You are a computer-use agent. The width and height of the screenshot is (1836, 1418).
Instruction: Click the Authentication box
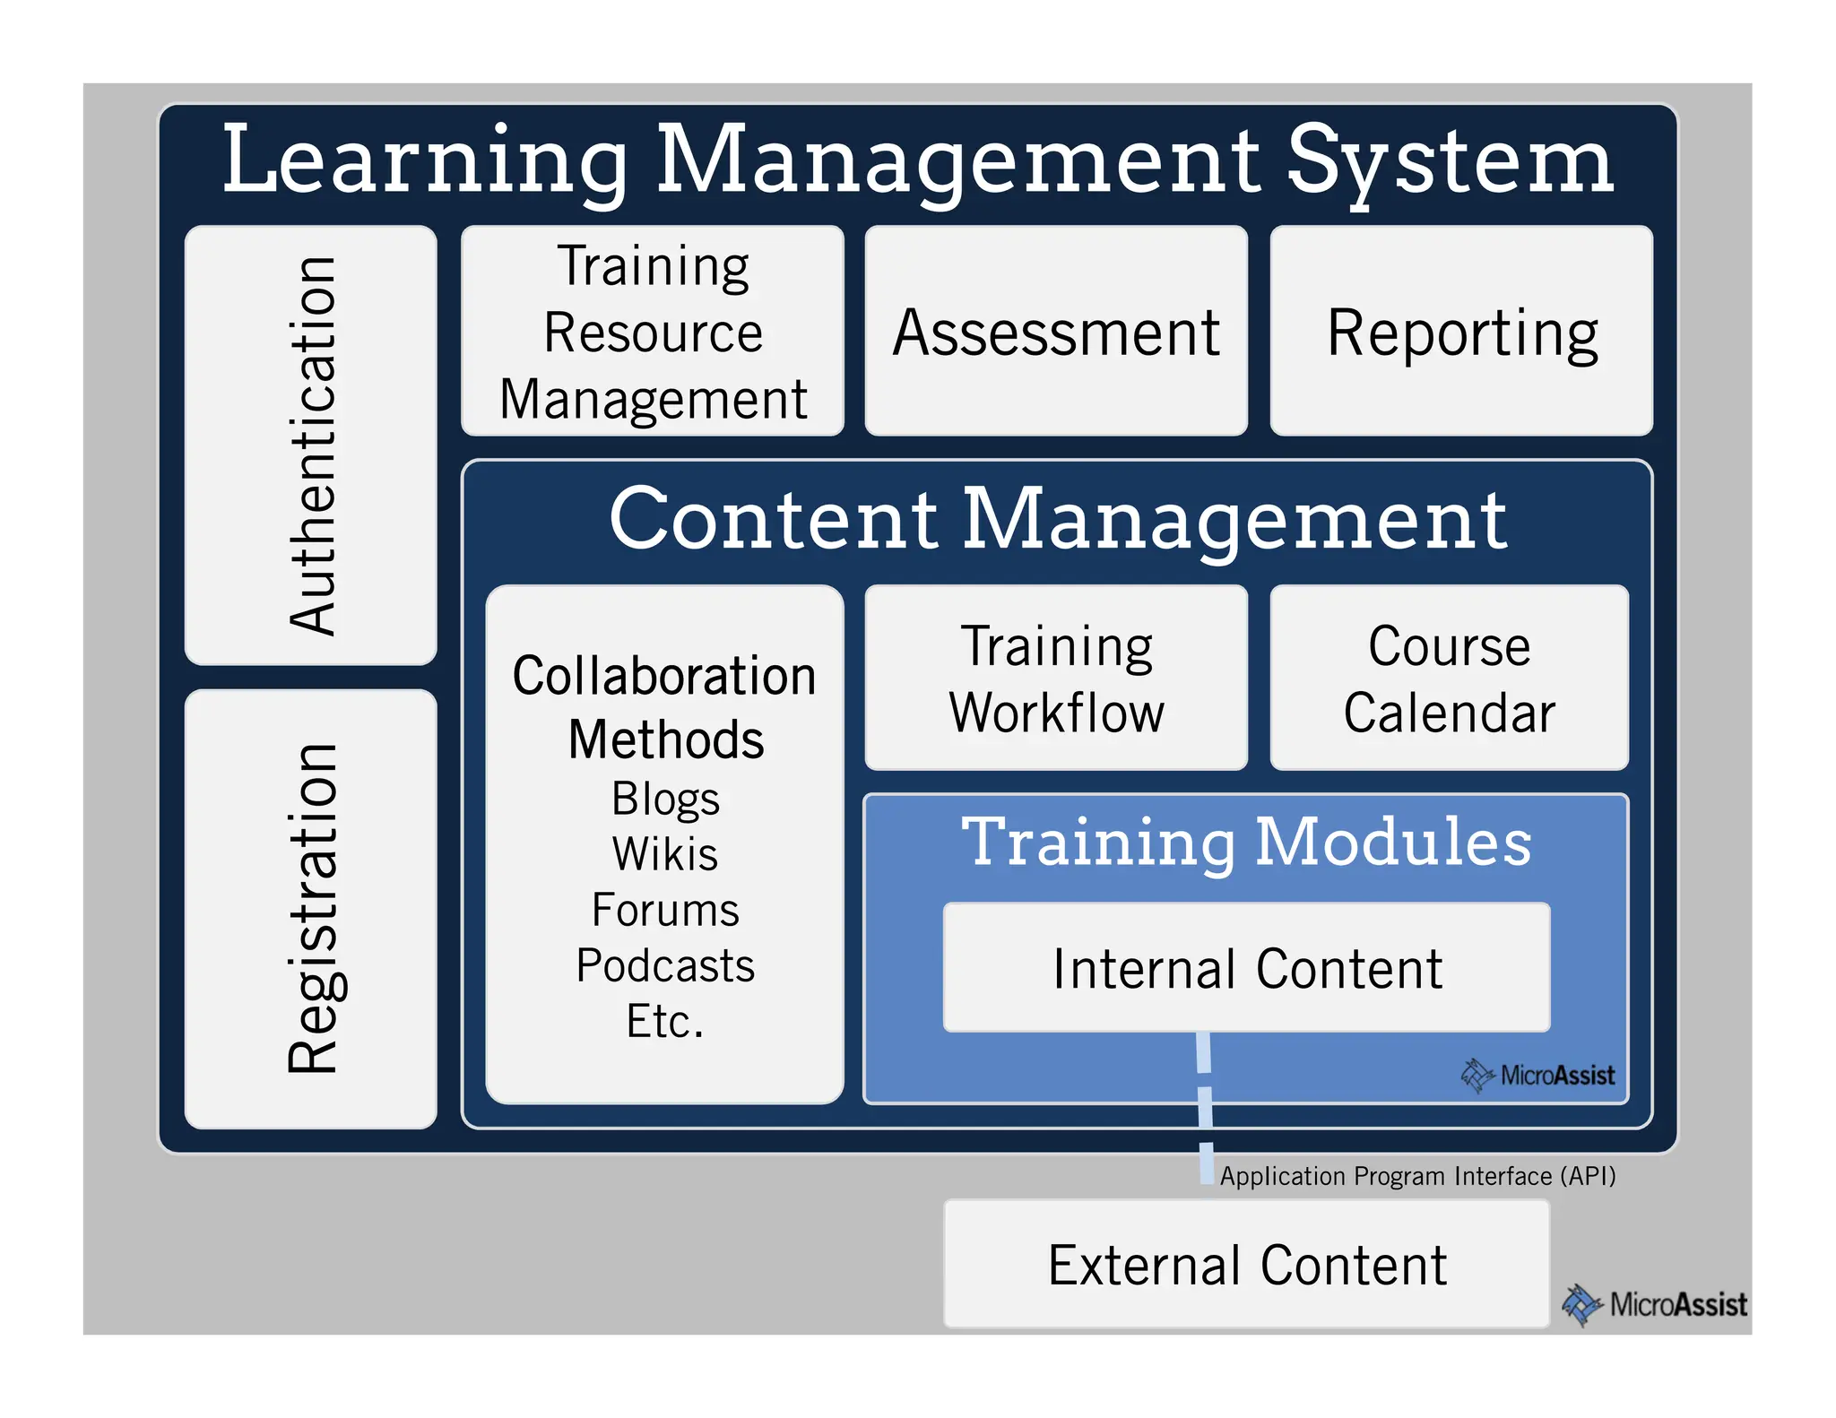tap(310, 445)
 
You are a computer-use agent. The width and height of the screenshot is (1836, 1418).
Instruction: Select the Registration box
tap(310, 908)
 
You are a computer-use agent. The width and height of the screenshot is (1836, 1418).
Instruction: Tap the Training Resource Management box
tap(653, 332)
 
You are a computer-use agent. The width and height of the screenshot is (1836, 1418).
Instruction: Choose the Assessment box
tap(1056, 332)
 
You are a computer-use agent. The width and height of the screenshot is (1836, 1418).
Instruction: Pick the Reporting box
tap(1461, 332)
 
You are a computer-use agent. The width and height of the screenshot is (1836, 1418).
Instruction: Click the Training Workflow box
tap(1056, 679)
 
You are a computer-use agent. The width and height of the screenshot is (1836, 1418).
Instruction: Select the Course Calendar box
tap(1449, 679)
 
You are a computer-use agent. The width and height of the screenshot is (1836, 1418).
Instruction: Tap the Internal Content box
tap(1246, 968)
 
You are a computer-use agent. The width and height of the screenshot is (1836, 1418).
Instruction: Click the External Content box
tap(1246, 1265)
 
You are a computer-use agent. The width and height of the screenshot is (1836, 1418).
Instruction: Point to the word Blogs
tap(665, 799)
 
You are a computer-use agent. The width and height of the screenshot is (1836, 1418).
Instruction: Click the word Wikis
tap(665, 854)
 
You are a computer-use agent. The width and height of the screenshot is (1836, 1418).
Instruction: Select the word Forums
tap(665, 910)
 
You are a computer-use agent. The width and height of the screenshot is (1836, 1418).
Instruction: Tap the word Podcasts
tap(665, 965)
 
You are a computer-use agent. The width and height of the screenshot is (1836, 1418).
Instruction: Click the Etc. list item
tap(665, 1021)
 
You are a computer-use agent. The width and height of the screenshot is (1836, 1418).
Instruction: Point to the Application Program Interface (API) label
tap(1416, 1175)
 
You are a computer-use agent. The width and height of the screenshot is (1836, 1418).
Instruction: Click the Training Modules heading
tap(1246, 842)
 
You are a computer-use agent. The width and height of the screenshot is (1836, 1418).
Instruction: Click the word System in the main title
tap(1450, 161)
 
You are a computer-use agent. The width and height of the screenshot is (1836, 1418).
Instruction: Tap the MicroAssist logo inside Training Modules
tap(1538, 1075)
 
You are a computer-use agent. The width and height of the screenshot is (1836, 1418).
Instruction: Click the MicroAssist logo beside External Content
tap(1655, 1304)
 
